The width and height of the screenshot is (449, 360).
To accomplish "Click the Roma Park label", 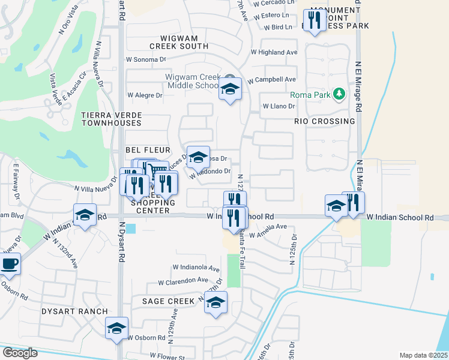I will point(311,95).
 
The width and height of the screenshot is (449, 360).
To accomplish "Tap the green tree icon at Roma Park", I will point(339,94).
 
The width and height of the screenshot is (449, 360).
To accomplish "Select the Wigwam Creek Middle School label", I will point(193,81).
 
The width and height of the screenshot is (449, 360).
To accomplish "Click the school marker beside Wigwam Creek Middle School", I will point(229,90).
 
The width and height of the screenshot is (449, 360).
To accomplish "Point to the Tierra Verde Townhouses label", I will point(111,118).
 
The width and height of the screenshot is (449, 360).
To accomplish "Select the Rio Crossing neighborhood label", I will point(325,121).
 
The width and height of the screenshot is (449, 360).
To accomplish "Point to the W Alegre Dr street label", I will point(145,95).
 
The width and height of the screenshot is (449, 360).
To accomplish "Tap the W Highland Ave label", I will point(274,52).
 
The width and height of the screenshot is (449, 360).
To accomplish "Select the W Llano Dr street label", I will point(278,106).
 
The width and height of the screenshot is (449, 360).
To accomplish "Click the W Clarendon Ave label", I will point(183,281).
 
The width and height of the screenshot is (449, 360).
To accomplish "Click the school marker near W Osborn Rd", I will point(116,328).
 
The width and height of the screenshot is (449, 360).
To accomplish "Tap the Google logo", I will point(20,353).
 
